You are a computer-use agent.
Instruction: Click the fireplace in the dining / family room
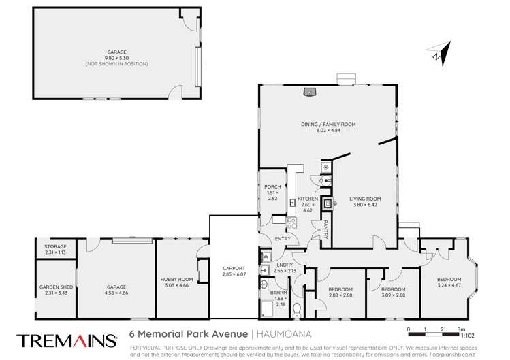coord(310,91)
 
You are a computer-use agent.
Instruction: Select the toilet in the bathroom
coord(295,310)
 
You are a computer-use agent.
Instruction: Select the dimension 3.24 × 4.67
coord(449,284)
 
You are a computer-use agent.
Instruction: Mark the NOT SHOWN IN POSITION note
coord(116,63)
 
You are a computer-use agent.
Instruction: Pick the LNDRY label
coord(285,266)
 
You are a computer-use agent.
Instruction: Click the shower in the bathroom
coord(268,310)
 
